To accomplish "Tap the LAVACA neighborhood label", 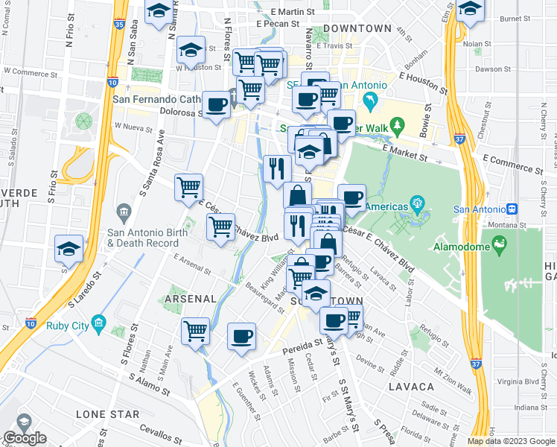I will (411, 387).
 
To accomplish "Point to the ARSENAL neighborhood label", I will (190, 298).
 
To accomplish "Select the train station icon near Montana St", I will (512, 209).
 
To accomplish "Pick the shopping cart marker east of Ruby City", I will (196, 330).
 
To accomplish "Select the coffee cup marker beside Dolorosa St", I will (217, 105).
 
